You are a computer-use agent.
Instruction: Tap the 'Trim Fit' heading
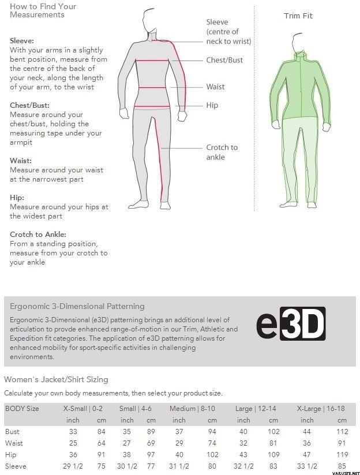(x=298, y=16)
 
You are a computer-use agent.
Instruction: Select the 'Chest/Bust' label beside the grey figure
(x=224, y=60)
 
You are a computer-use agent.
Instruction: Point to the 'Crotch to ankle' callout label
(x=222, y=152)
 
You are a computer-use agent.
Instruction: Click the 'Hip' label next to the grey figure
(x=212, y=105)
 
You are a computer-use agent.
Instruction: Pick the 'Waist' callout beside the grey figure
(x=215, y=86)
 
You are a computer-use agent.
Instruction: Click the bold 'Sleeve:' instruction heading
(x=22, y=41)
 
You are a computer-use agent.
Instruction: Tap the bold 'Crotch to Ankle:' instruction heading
(x=38, y=235)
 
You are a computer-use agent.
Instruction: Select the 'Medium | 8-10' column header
(x=192, y=409)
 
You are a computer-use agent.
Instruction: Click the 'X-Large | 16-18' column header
(x=321, y=409)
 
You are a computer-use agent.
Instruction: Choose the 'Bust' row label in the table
(x=12, y=432)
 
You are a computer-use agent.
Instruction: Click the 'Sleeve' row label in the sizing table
(x=16, y=466)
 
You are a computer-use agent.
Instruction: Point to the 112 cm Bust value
(x=342, y=432)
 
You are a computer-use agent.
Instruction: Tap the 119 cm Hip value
(x=342, y=455)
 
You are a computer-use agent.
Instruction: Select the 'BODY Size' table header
(x=22, y=409)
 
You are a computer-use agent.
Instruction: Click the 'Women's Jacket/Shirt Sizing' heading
(x=56, y=379)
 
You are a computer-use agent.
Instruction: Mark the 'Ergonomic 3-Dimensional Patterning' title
(x=77, y=306)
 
